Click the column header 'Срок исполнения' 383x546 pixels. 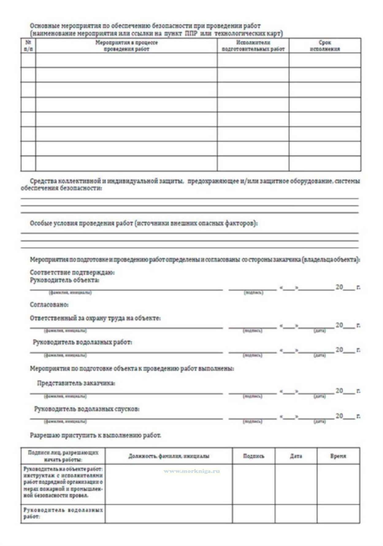point(325,46)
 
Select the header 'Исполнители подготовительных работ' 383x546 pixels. point(253,46)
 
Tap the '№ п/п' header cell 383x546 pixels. point(28,46)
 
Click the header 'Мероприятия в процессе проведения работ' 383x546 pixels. point(126,46)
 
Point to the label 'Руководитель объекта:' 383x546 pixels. point(64,280)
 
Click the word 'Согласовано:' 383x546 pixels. point(49,305)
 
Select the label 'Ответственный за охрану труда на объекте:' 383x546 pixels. point(95,318)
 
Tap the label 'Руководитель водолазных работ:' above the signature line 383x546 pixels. point(82,342)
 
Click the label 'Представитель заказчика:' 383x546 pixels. point(76,383)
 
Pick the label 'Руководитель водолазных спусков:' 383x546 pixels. point(87,409)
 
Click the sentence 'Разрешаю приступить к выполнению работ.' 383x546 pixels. point(95,435)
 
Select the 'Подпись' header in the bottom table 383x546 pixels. point(254,456)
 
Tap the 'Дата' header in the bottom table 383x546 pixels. point(296,456)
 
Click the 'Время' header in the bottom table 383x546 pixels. point(338,456)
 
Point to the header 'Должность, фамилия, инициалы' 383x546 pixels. point(169,456)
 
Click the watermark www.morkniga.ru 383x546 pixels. point(192,471)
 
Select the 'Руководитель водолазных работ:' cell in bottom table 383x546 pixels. point(63,513)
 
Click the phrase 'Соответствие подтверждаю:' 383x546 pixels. point(72,272)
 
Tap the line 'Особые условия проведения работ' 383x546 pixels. point(144,223)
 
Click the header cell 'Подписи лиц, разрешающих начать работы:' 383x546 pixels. point(63,456)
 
